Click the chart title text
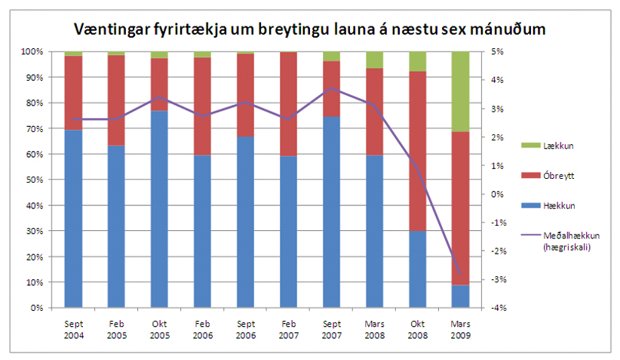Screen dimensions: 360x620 click(x=309, y=29)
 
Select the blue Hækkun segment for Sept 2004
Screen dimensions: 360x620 click(x=73, y=219)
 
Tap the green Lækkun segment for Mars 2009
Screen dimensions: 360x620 click(x=460, y=91)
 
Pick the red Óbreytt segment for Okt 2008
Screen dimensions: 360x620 click(x=417, y=151)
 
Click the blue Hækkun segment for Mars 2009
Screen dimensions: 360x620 click(x=460, y=296)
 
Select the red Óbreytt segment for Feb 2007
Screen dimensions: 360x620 click(x=288, y=104)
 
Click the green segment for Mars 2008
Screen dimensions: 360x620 click(x=374, y=60)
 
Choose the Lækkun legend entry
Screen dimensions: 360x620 click(x=554, y=143)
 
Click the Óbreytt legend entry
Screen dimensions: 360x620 click(x=555, y=174)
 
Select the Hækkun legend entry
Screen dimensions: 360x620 click(x=554, y=205)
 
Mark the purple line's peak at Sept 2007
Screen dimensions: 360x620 click(x=331, y=89)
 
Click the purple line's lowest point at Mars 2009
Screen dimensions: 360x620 click(x=460, y=275)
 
